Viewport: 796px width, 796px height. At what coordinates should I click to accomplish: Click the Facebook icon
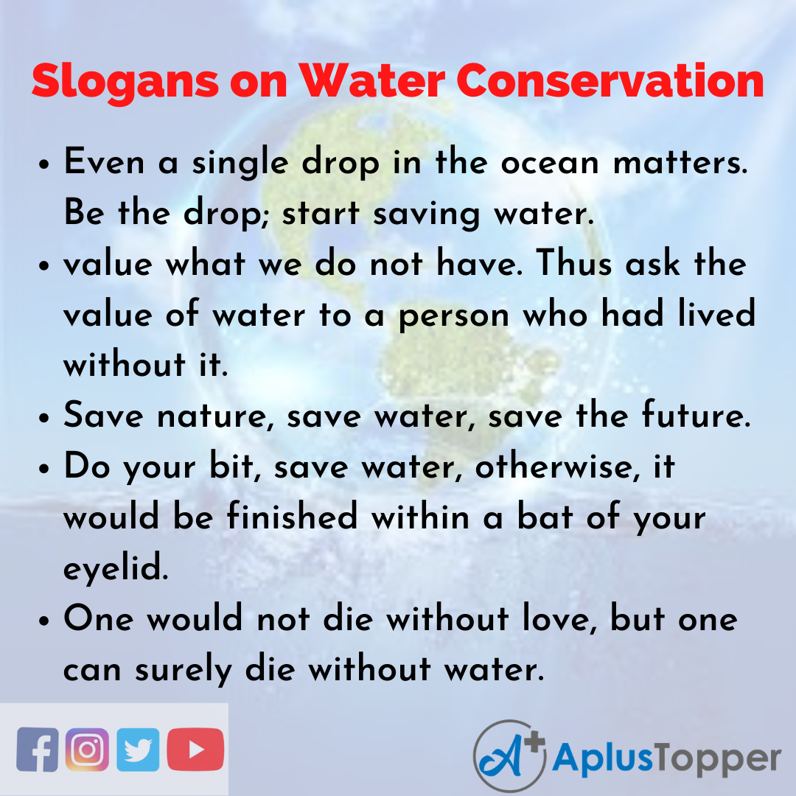[38, 750]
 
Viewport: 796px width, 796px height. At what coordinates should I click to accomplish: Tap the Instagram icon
[87, 750]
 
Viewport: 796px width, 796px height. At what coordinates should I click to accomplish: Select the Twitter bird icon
[137, 750]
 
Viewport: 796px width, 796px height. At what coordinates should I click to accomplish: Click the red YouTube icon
[195, 750]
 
